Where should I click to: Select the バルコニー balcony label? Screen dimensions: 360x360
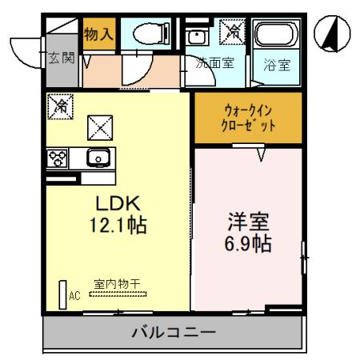(173, 330)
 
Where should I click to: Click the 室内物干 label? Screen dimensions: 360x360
(118, 283)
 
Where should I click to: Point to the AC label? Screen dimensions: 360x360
(75, 296)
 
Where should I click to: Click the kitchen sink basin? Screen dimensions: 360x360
(97, 158)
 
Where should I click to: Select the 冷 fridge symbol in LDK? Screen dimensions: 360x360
(59, 105)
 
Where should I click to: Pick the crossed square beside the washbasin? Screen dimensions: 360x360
(233, 32)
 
